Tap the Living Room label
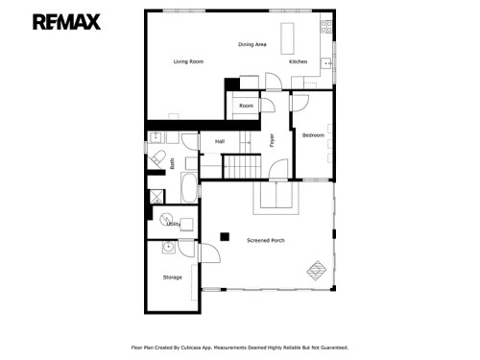[188, 61]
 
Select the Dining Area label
[252, 44]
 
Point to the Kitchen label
[299, 61]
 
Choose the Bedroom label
[314, 135]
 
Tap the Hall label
[220, 141]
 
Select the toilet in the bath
[158, 157]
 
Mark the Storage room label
[172, 277]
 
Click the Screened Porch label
[265, 239]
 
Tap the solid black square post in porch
[224, 235]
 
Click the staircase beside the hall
[244, 167]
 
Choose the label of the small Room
[247, 105]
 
